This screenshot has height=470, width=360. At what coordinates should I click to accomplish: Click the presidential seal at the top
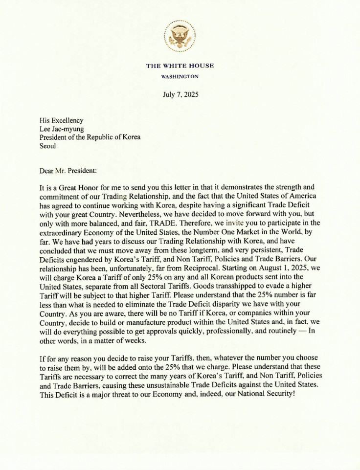[180, 36]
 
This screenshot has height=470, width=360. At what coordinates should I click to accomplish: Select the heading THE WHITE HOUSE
[180, 66]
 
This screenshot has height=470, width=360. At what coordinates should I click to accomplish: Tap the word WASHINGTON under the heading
[180, 77]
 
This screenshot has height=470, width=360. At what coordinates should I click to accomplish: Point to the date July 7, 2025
[180, 94]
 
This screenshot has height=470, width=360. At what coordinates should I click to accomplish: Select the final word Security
[278, 394]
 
